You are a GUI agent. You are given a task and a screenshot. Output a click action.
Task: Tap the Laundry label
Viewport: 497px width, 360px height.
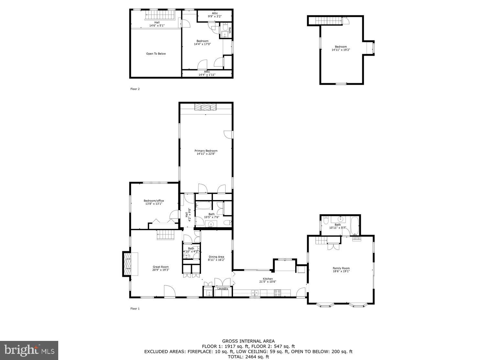[223, 288]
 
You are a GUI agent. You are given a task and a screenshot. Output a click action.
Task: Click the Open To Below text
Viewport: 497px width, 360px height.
[156, 54]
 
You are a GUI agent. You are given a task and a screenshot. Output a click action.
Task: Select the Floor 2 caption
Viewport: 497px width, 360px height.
[135, 89]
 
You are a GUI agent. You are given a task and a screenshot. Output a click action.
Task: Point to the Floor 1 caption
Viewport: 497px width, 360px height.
[135, 309]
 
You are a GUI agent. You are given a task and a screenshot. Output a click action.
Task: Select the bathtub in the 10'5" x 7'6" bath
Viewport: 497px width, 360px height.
[204, 206]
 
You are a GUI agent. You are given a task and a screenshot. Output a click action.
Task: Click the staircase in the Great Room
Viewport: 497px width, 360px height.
[166, 235]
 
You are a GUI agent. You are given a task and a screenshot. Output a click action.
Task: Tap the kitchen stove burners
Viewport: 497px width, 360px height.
[277, 293]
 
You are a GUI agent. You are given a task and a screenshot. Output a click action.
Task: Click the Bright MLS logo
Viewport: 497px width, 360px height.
[29, 350]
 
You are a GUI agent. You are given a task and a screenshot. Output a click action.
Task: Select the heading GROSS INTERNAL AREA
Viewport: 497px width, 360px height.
[248, 341]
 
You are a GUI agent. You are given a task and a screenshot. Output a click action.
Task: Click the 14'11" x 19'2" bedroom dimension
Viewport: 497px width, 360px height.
[341, 50]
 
